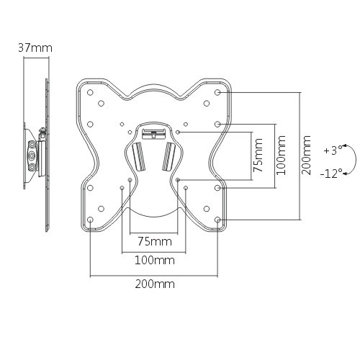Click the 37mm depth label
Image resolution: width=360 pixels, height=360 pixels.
click(35, 48)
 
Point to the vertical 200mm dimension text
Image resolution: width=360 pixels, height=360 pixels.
click(308, 155)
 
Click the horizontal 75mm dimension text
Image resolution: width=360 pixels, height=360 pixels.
click(153, 240)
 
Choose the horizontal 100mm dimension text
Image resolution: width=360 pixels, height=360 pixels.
click(153, 260)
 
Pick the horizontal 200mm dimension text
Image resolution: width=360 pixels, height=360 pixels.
click(153, 284)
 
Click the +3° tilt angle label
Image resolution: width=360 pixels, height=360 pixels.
click(332, 150)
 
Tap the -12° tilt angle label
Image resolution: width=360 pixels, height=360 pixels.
click(332, 174)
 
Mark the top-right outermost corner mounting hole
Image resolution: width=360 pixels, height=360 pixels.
click(218, 93)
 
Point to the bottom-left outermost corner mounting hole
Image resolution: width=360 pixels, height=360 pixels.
click(89, 220)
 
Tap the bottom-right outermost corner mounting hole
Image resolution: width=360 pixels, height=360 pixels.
click(218, 220)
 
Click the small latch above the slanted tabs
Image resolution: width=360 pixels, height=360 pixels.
click(153, 132)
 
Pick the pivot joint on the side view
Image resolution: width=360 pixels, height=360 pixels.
click(32, 156)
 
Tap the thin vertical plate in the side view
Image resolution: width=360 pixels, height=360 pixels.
click(49, 155)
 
